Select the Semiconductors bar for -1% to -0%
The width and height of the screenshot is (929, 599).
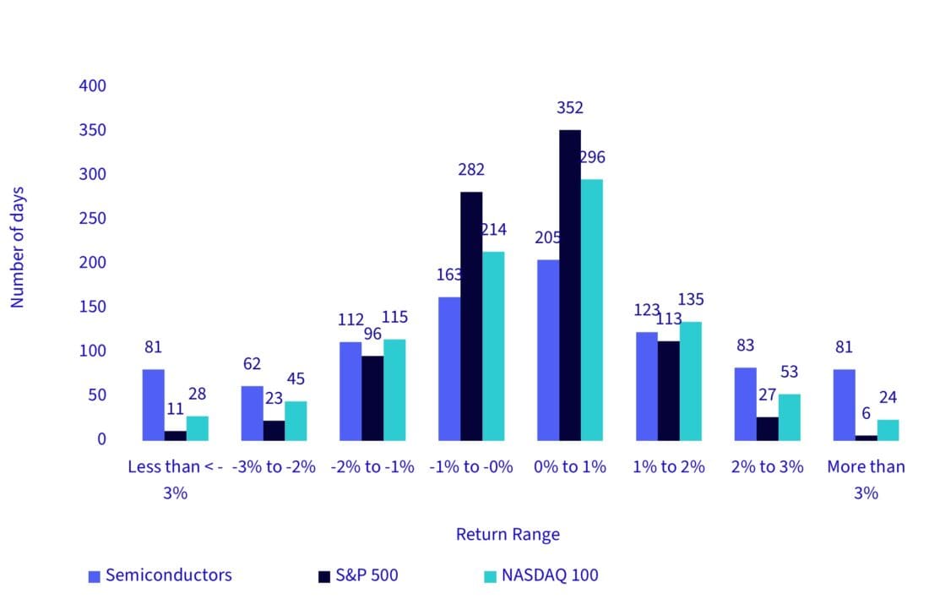click(449, 368)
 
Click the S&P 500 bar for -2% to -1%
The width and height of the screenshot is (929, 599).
click(372, 398)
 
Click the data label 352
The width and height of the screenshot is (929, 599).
click(570, 108)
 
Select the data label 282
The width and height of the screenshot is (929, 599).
click(471, 170)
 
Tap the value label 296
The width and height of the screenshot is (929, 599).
click(592, 158)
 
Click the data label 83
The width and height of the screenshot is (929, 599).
click(745, 346)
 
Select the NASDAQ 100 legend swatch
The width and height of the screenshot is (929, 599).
click(488, 576)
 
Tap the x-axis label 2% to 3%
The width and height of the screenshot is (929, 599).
click(767, 467)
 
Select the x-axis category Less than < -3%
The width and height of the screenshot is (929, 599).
click(175, 479)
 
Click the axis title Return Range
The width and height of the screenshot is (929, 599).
click(508, 535)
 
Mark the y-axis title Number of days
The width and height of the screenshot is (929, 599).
click(19, 247)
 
